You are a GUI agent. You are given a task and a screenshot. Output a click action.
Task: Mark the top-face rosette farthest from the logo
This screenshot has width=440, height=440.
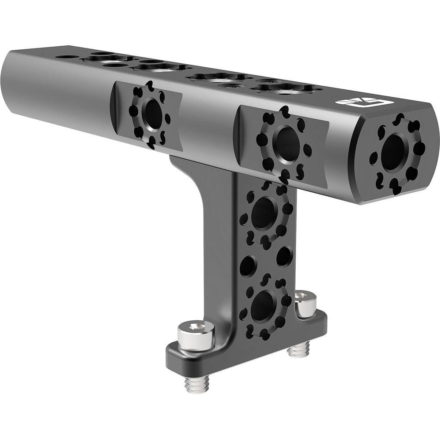click(x=106, y=59)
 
